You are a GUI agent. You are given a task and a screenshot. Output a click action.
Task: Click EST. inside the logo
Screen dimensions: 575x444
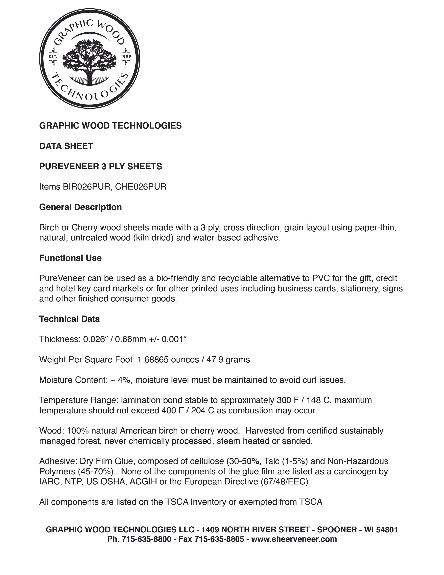click(x=53, y=57)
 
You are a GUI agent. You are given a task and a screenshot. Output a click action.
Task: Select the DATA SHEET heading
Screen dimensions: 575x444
click(x=66, y=146)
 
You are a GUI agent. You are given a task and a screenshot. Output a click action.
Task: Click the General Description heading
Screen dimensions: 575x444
click(x=80, y=207)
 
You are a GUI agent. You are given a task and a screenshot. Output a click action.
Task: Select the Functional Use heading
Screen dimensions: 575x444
click(x=70, y=258)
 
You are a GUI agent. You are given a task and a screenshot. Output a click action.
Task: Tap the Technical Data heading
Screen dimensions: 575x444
click(x=69, y=319)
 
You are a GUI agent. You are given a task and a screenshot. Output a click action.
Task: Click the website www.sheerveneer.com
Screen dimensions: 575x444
click(x=294, y=539)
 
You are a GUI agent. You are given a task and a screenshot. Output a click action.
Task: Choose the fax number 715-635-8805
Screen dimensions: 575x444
click(x=219, y=539)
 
